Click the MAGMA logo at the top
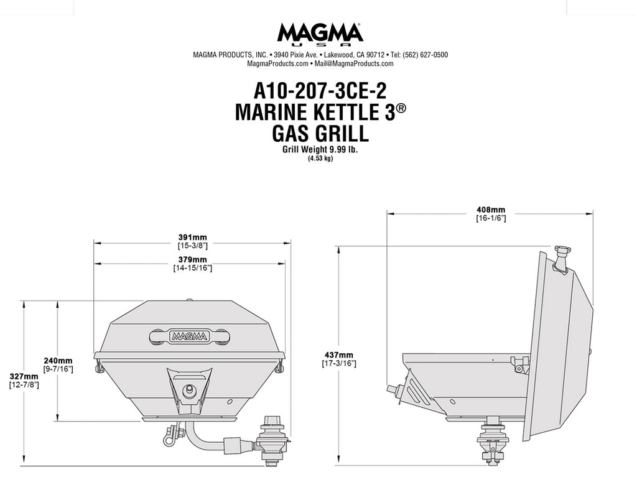(x=320, y=34)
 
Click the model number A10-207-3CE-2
(x=320, y=90)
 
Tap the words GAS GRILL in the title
(x=320, y=133)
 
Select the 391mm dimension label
(x=193, y=238)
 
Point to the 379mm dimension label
(x=193, y=259)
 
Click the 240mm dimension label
(x=58, y=361)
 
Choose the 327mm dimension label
(x=24, y=377)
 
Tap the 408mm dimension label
(x=491, y=210)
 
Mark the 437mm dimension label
(x=339, y=355)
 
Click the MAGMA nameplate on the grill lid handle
(x=190, y=336)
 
